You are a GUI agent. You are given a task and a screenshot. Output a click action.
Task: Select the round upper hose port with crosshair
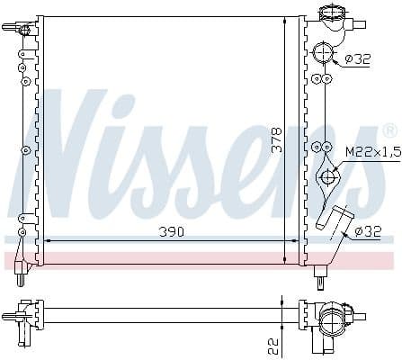pyautogui.click(x=323, y=55)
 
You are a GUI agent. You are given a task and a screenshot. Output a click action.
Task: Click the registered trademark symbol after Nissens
pyautogui.click(x=388, y=131)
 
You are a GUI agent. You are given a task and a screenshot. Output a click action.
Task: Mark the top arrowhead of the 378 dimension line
pyautogui.click(x=287, y=19)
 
